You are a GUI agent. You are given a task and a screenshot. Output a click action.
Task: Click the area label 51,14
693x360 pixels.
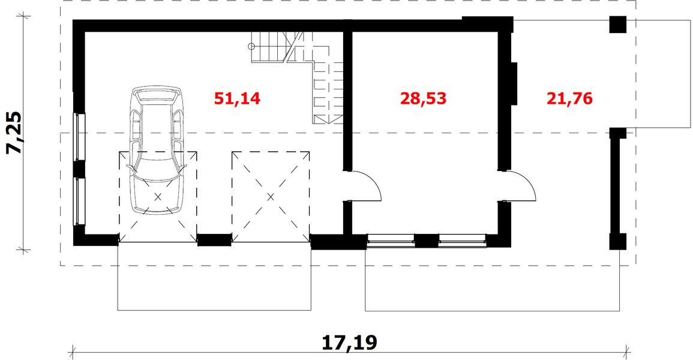coord(238,98)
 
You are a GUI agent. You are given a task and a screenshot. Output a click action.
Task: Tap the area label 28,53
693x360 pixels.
coord(424,98)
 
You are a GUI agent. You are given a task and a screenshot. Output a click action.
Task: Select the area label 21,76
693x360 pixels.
coord(569,98)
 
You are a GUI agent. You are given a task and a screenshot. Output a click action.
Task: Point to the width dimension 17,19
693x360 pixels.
coord(349,343)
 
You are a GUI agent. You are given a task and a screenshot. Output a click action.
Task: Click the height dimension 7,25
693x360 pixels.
coord(15,133)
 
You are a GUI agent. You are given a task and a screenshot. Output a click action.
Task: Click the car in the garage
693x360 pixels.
coord(157,150)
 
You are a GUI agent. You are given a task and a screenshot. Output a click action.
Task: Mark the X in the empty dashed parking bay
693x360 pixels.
coord(271,196)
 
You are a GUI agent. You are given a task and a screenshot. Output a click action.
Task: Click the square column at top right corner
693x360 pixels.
coord(617,25)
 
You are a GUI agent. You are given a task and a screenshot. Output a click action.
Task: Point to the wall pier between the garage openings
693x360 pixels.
coord(214,240)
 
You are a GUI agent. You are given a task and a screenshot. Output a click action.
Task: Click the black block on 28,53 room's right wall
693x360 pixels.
coord(514,83)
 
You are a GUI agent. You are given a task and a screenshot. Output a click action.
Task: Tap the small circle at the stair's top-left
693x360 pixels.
coord(253,46)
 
